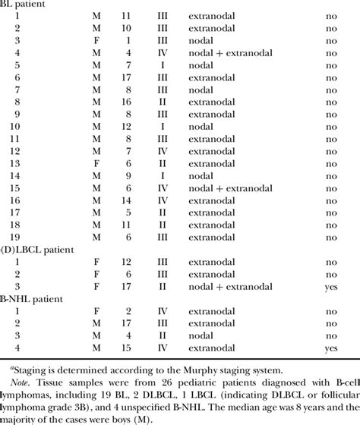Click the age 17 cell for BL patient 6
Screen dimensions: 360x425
coord(115,77)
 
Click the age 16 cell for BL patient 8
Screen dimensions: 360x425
coord(115,102)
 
